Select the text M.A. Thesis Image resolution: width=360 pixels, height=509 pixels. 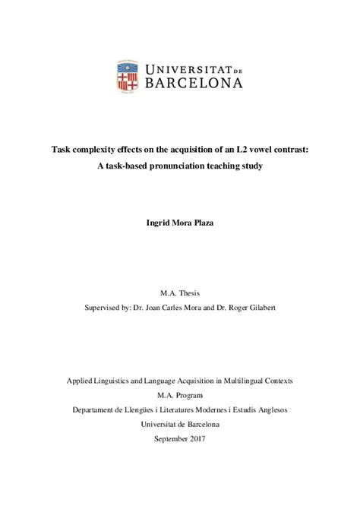[179, 291]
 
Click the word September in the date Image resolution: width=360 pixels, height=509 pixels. [170, 438]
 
